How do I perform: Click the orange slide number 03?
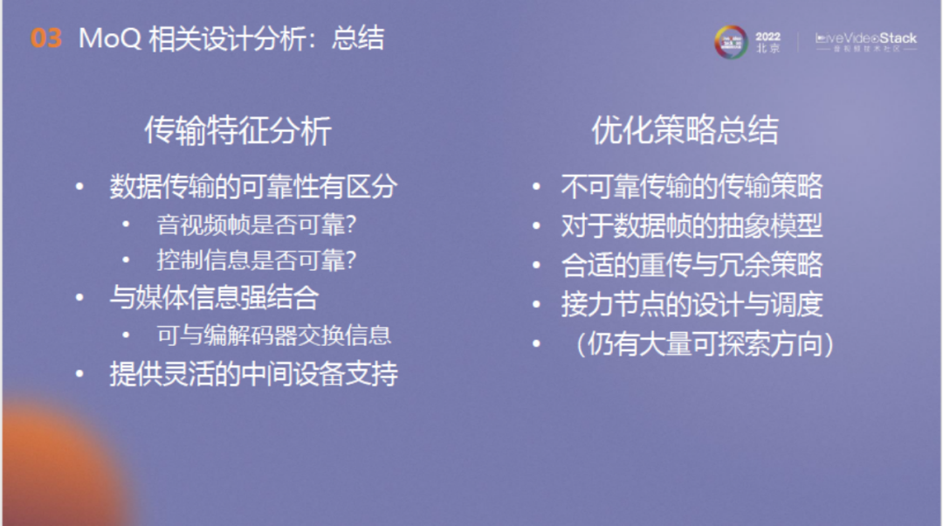tap(46, 39)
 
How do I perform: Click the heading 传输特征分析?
tap(237, 131)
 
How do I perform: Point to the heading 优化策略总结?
tap(685, 131)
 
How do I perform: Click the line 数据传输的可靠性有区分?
tap(253, 186)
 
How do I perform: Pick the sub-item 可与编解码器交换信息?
tap(273, 335)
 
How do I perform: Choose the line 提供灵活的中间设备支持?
tap(253, 373)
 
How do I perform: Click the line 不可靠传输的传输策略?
tap(692, 186)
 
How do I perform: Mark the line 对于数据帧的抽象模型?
tap(692, 225)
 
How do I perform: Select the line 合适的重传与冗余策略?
tap(692, 265)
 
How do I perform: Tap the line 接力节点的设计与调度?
tap(692, 304)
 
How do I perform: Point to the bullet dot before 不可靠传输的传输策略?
tap(537, 187)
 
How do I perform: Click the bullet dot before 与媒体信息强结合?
tap(81, 298)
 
